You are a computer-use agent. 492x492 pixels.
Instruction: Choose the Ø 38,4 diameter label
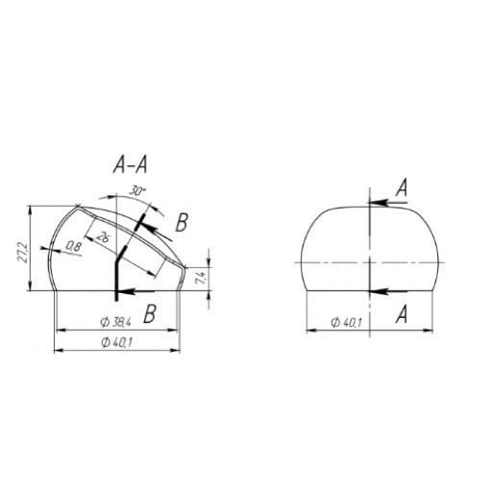[x=116, y=321]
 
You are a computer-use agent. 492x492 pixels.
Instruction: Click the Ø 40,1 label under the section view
[x=116, y=343]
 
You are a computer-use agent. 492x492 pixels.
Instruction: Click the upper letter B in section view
[x=182, y=223]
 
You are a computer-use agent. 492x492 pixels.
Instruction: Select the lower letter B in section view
[x=149, y=312]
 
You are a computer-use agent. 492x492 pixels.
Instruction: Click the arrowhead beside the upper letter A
[x=375, y=202]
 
